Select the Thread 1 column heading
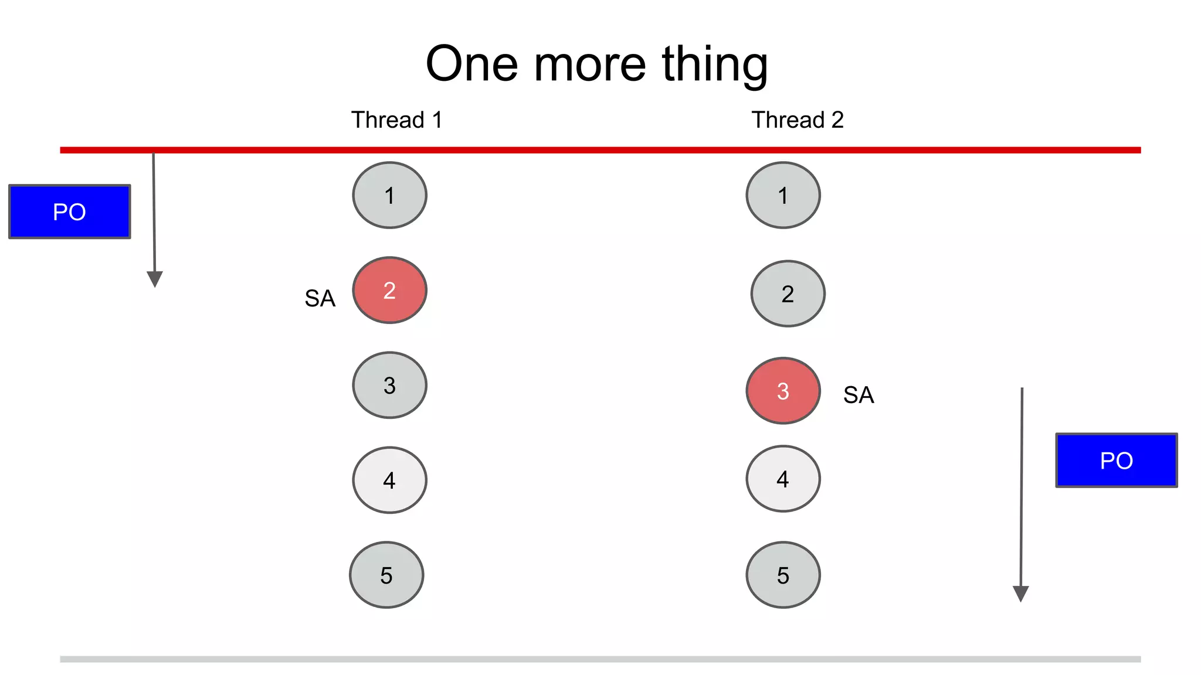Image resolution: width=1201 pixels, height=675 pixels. (x=396, y=120)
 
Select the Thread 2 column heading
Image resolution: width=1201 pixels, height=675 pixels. (x=798, y=120)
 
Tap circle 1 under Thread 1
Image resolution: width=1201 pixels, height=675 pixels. (x=389, y=195)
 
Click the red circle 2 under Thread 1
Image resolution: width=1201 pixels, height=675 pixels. (x=389, y=290)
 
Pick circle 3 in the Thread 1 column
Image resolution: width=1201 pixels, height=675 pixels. (x=389, y=385)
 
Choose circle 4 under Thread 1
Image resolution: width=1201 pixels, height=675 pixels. (x=389, y=480)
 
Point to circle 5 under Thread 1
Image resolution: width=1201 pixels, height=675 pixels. (x=386, y=575)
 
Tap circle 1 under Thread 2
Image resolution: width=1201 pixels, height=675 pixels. (x=783, y=195)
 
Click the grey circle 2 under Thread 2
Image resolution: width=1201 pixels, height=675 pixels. (x=788, y=294)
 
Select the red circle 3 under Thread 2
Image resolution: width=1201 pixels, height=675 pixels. (x=783, y=391)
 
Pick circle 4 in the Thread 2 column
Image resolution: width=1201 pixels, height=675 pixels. (x=783, y=479)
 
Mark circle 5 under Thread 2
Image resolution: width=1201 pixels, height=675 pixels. (x=783, y=575)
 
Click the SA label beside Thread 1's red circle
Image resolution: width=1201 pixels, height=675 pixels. (x=320, y=299)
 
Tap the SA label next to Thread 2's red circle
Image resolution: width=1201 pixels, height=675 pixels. (x=859, y=395)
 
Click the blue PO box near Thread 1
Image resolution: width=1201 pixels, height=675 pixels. (x=70, y=212)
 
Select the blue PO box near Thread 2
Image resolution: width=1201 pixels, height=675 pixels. (x=1116, y=461)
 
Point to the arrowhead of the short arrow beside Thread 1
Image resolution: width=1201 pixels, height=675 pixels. (x=155, y=279)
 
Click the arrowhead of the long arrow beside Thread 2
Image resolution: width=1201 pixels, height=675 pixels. (x=1021, y=594)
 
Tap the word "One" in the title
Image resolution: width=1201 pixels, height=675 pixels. (x=471, y=64)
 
